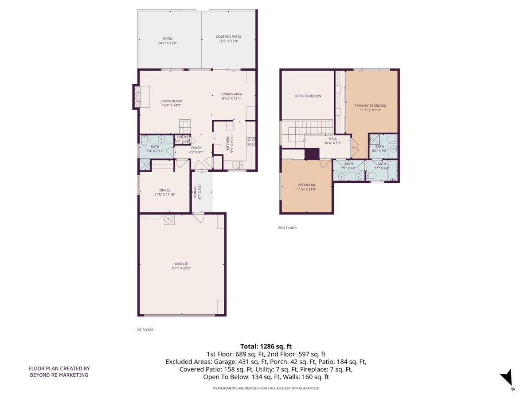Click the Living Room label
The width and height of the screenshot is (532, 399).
point(171,101)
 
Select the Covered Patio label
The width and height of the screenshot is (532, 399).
point(228,37)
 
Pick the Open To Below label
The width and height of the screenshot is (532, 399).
point(308,96)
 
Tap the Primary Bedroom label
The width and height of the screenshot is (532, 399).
point(370,106)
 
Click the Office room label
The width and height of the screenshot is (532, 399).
point(164,190)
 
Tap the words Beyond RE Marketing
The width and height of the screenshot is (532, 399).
point(59,375)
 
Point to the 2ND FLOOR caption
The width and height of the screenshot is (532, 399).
point(287,228)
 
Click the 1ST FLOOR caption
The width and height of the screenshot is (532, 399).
point(145,330)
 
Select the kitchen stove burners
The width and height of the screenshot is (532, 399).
point(251,142)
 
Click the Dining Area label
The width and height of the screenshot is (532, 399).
point(231,94)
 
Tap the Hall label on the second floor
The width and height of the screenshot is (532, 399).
point(332,138)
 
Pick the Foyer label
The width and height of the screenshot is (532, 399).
point(196,148)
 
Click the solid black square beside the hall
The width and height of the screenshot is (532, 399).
point(312,154)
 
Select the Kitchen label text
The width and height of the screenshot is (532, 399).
point(228,143)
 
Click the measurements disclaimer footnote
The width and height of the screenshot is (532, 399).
point(266,388)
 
